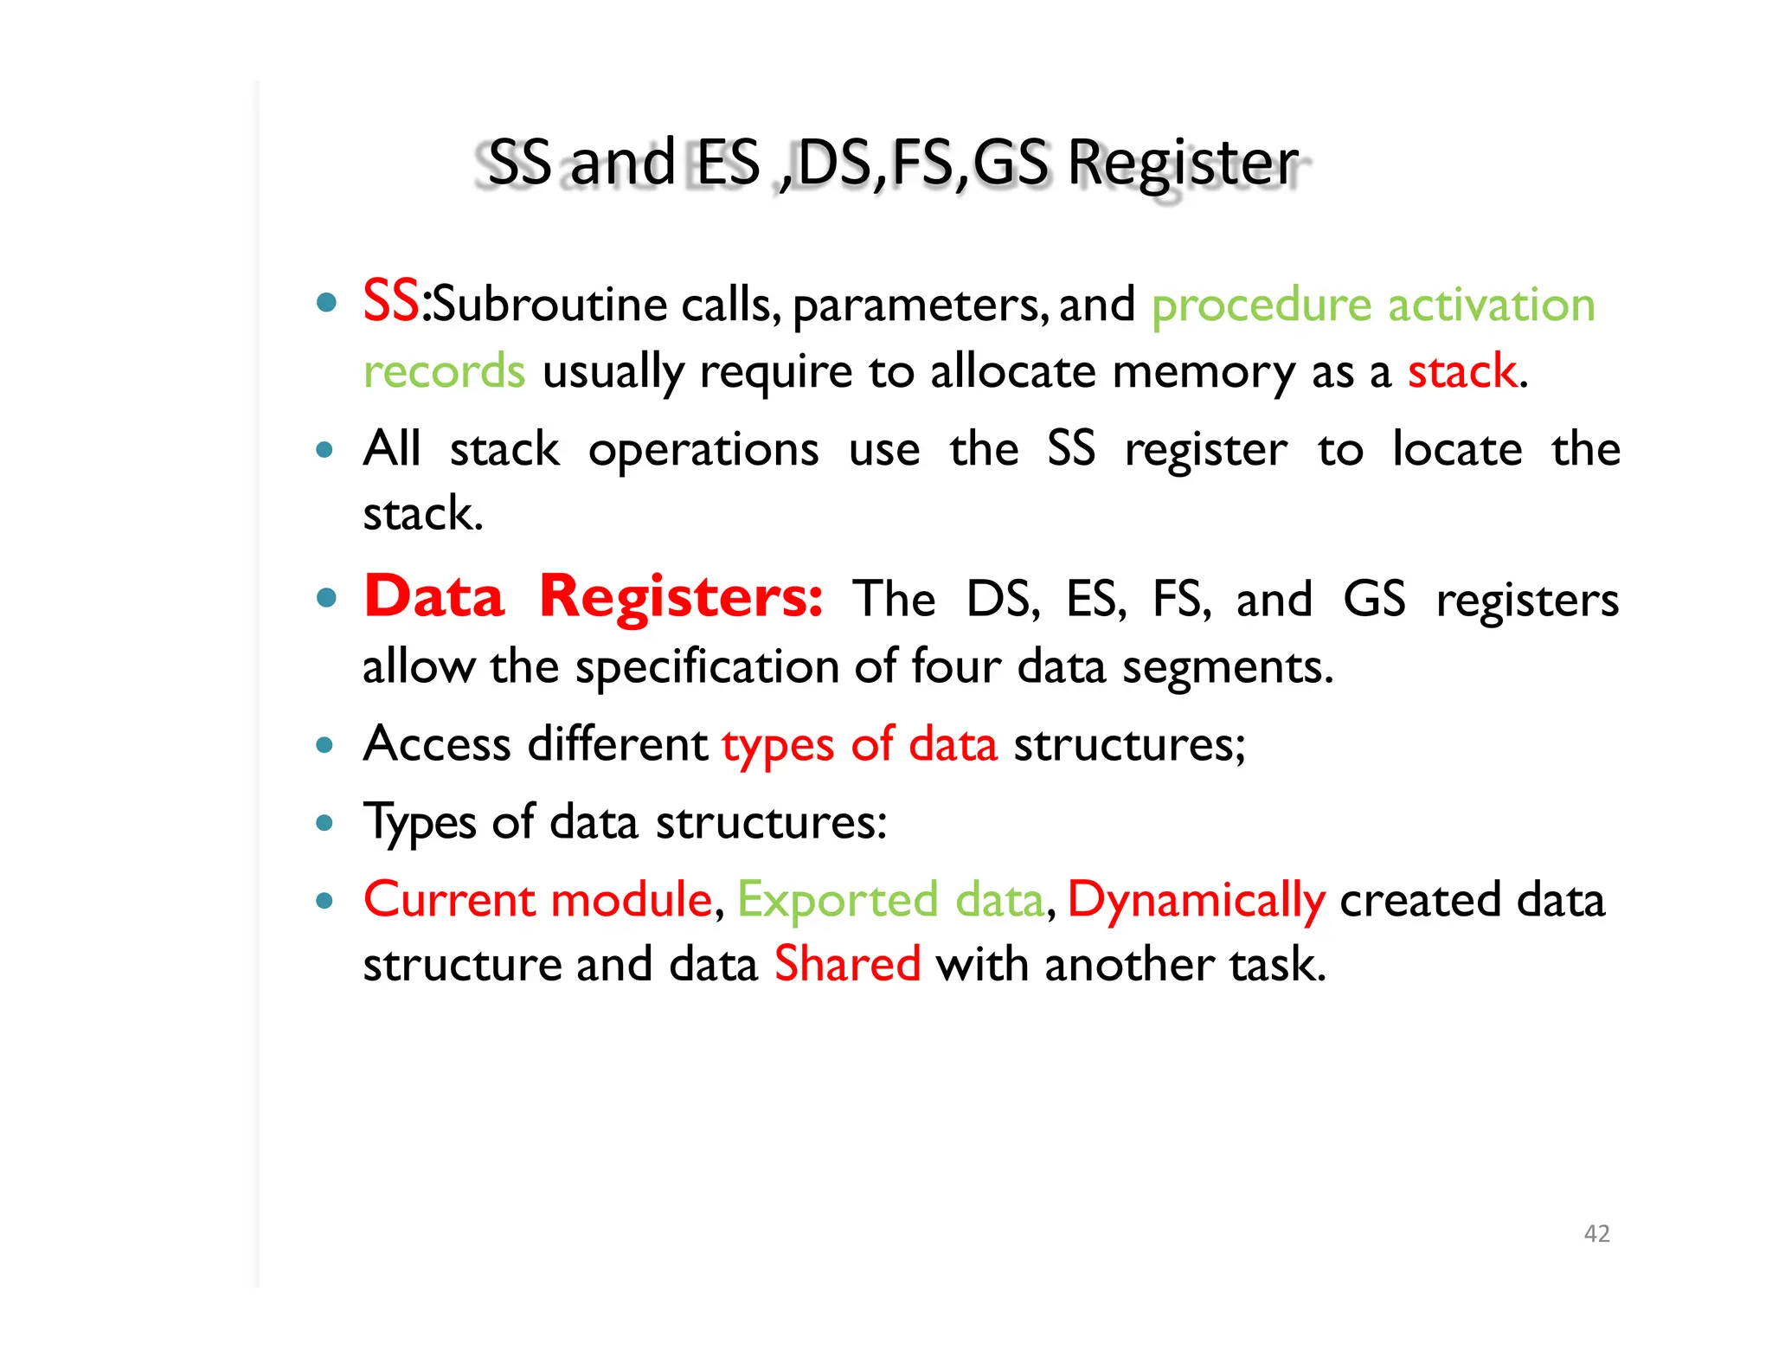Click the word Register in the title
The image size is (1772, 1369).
(x=1183, y=164)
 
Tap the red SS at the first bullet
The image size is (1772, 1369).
(x=391, y=302)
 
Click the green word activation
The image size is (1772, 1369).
(x=1492, y=305)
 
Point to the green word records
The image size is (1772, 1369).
(x=444, y=372)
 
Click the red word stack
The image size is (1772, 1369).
(x=1461, y=372)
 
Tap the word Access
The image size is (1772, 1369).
(x=437, y=744)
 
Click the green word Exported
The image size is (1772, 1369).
(x=838, y=901)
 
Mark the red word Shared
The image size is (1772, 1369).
(x=847, y=965)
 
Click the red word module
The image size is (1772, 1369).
(x=631, y=900)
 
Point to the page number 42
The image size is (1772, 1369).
(x=1596, y=1233)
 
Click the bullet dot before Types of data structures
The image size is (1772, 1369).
(x=324, y=822)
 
